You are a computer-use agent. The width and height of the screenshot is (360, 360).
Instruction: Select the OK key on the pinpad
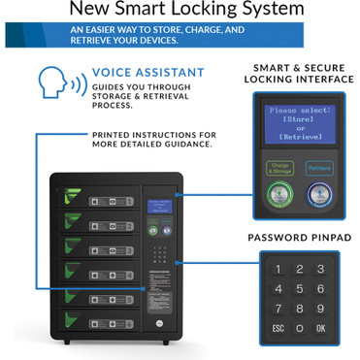click(x=320, y=328)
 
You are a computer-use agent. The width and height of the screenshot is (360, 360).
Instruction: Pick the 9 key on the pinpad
click(x=320, y=309)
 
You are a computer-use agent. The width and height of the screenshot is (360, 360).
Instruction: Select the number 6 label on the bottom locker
click(x=126, y=323)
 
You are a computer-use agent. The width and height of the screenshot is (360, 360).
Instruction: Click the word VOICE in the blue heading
click(x=115, y=73)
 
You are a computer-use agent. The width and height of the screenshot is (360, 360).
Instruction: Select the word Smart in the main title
click(x=160, y=11)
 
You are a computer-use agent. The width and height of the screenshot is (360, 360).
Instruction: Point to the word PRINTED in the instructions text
click(x=117, y=134)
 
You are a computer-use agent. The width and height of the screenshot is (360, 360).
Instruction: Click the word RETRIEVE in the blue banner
click(x=94, y=42)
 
